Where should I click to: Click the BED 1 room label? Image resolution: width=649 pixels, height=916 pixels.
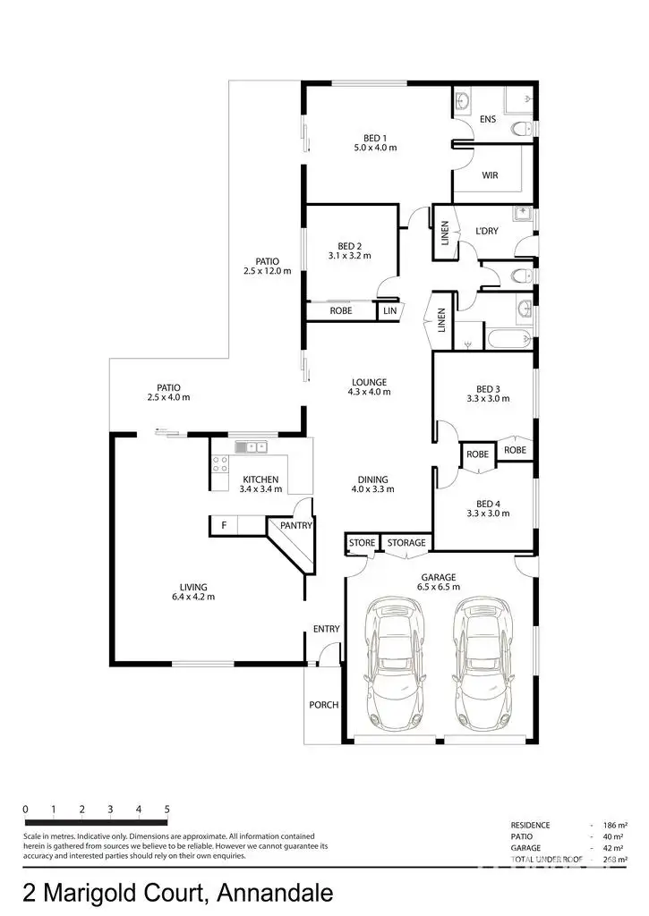(374, 138)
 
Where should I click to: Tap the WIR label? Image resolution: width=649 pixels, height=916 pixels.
(490, 175)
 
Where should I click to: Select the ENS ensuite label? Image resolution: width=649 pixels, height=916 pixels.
(488, 119)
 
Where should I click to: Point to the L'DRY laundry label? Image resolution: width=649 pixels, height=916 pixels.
(487, 232)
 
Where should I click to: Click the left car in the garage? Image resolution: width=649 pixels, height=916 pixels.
(396, 663)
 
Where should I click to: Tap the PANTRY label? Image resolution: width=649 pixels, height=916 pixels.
(295, 526)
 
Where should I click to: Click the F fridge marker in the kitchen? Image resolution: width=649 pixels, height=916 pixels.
(223, 526)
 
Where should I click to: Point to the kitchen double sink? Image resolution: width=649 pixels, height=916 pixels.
(252, 446)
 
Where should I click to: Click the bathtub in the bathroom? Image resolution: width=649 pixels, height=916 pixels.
(508, 339)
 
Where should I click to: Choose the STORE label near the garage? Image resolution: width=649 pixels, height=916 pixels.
(362, 543)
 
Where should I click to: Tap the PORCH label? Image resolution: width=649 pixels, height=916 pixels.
(323, 705)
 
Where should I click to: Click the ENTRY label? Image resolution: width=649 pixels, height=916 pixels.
(326, 629)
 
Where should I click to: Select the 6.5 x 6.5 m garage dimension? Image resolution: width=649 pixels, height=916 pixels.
(439, 588)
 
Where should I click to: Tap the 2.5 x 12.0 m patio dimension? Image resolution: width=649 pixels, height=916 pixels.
(268, 271)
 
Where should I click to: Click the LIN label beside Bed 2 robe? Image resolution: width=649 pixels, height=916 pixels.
(389, 310)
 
